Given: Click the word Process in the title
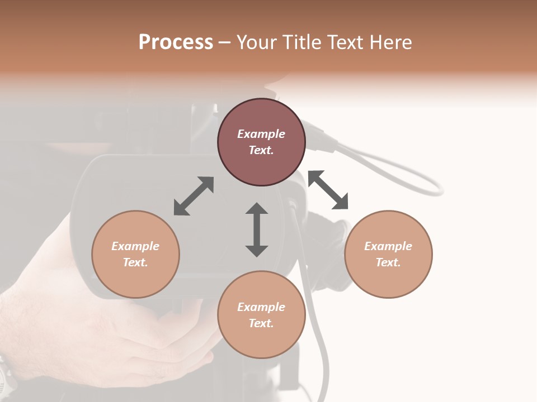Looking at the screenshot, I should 176,42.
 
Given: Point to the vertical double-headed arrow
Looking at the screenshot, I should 257,229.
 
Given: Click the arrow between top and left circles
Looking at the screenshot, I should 194,196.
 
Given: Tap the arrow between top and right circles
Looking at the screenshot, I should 328,190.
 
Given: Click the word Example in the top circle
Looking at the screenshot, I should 261,134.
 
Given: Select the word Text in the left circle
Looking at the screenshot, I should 135,262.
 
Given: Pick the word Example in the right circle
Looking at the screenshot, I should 388,246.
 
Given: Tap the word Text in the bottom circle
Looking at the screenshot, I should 261,323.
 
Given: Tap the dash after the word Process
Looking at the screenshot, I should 225,42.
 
